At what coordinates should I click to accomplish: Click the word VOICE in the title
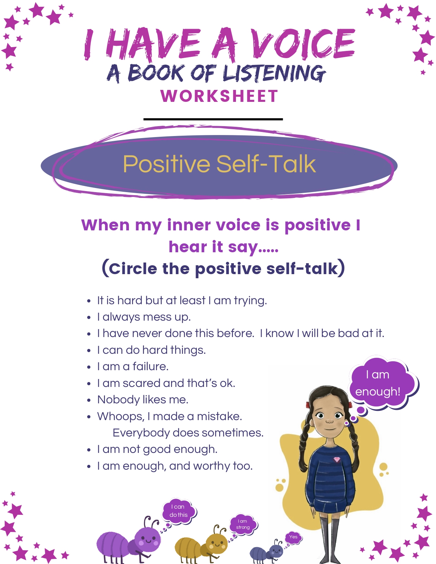pyautogui.click(x=303, y=44)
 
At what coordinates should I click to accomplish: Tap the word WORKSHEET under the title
pyautogui.click(x=220, y=96)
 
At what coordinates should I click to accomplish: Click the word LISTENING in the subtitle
pyautogui.click(x=274, y=73)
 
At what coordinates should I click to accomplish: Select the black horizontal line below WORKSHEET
pyautogui.click(x=213, y=119)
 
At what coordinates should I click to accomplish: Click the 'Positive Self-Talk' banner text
pyautogui.click(x=220, y=164)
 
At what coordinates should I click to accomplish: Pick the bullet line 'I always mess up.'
pyautogui.click(x=144, y=317)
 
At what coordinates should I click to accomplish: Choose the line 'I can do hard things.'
pyautogui.click(x=151, y=350)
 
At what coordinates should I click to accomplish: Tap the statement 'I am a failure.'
pyautogui.click(x=133, y=366)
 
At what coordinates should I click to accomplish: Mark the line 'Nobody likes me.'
pyautogui.click(x=143, y=400)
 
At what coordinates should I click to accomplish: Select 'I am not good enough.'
pyautogui.click(x=157, y=449)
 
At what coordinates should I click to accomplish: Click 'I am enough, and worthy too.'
pyautogui.click(x=175, y=466)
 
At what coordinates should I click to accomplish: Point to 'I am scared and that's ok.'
pyautogui.click(x=166, y=383)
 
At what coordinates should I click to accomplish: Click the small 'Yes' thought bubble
pyautogui.click(x=293, y=537)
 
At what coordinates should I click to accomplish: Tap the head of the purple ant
pyautogui.click(x=148, y=540)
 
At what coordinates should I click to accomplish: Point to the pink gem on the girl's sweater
pyautogui.click(x=337, y=459)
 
